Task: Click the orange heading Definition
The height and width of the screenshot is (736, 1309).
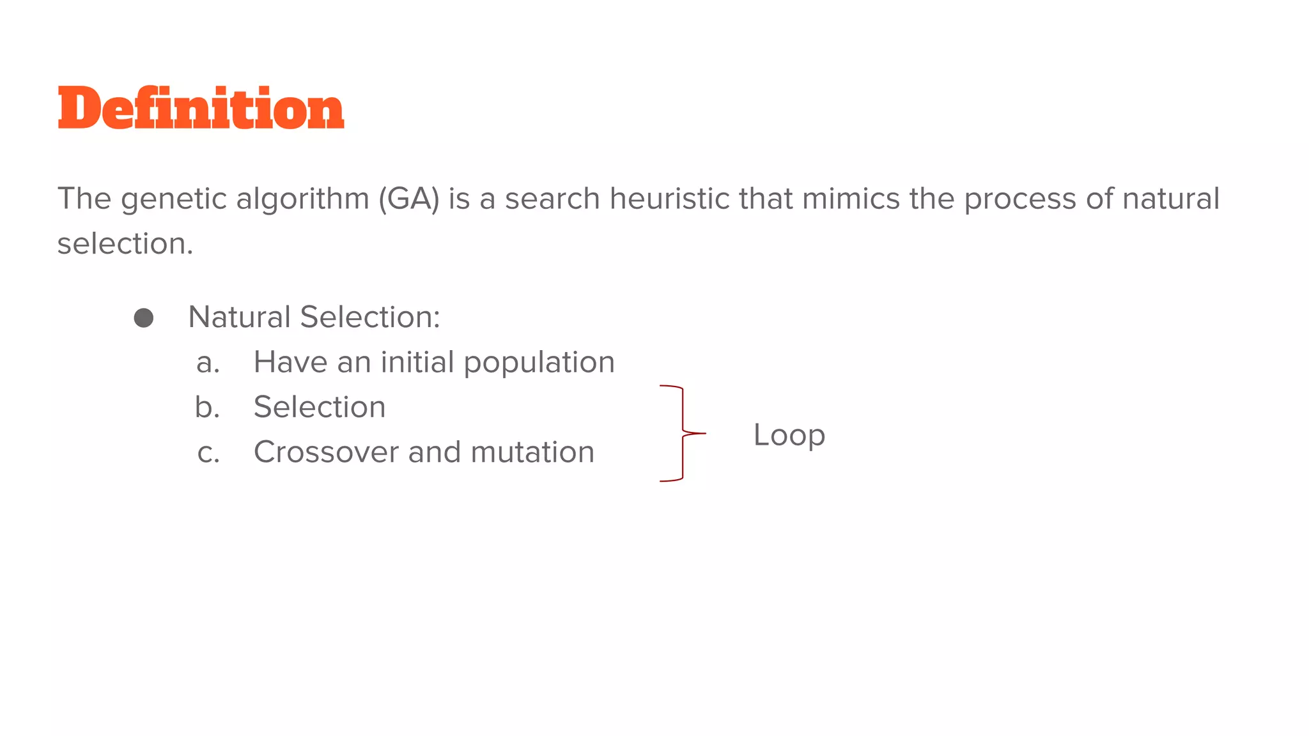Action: point(201,108)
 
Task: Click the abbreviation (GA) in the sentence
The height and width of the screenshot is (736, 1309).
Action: point(409,199)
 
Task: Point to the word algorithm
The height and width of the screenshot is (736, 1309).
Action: point(302,199)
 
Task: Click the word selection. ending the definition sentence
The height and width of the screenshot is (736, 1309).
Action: point(125,243)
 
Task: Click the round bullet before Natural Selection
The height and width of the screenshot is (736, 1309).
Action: point(144,318)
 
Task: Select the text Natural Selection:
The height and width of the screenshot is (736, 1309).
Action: point(314,317)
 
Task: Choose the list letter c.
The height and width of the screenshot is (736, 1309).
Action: point(208,453)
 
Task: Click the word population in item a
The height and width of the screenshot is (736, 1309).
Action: point(539,363)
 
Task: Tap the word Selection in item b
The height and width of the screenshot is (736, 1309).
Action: point(320,407)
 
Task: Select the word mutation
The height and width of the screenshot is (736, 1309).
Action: point(532,452)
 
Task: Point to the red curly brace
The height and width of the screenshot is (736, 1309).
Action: point(682,433)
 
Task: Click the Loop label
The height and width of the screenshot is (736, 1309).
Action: point(789,435)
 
